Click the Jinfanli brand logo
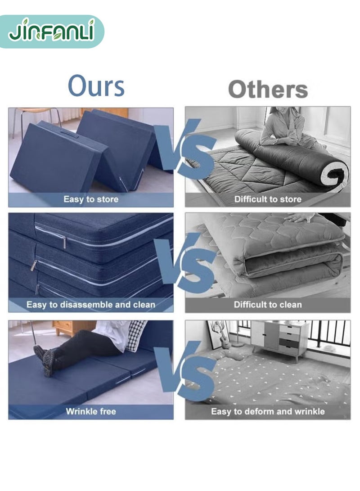click(51, 32)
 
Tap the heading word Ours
click(96, 86)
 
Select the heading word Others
click(268, 89)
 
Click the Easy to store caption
click(91, 199)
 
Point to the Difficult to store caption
click(268, 199)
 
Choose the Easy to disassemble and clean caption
click(91, 305)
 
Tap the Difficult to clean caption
click(268, 305)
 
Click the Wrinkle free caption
click(91, 411)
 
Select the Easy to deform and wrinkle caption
click(268, 411)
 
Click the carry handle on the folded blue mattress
click(69, 134)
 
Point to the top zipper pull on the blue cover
click(64, 241)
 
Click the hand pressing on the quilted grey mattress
click(299, 217)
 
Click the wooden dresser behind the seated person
click(73, 328)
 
